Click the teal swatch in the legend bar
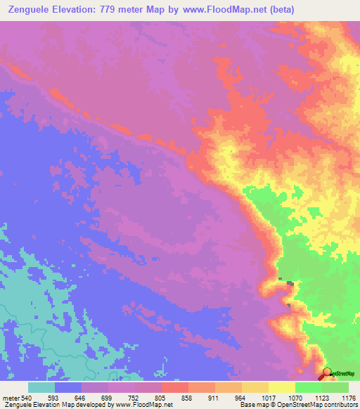coord(41,387)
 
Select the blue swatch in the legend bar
coord(68,387)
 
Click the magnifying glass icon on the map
coord(327,374)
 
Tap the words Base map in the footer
coord(250,405)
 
